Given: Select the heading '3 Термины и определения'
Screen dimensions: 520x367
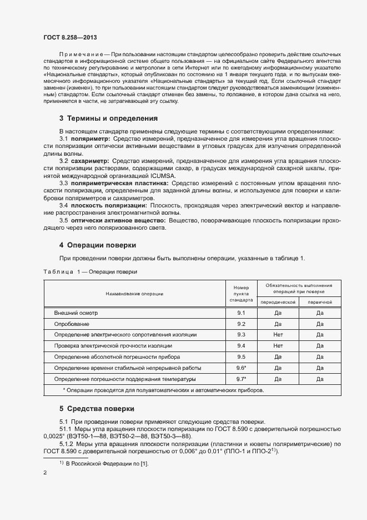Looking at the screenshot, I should click(x=108, y=118).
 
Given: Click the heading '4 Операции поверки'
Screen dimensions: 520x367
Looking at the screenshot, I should click(x=98, y=245).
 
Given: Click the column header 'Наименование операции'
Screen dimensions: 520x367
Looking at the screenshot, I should click(x=135, y=293).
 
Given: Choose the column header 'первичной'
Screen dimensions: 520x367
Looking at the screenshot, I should click(x=320, y=302).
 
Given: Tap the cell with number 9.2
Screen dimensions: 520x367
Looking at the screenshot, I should click(x=241, y=324).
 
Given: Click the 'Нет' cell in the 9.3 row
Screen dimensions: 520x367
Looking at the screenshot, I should click(x=278, y=335).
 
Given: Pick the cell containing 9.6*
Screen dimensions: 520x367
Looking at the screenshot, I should click(x=241, y=368).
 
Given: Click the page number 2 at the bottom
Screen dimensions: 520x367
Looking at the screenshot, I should click(x=45, y=473).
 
